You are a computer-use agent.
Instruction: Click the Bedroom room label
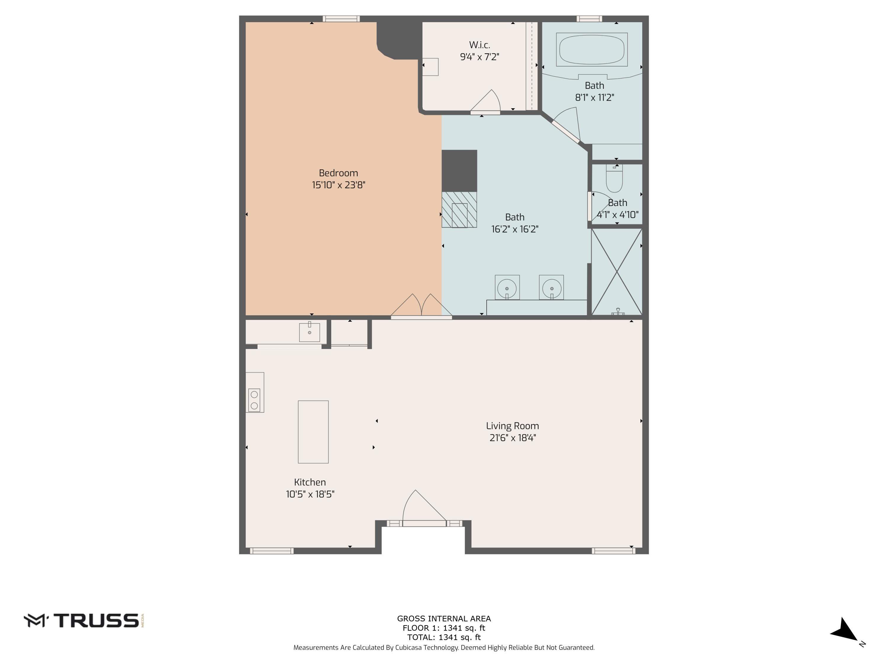click(x=338, y=173)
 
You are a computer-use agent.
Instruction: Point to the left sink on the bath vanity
click(x=507, y=288)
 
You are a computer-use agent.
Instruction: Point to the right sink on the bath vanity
click(x=551, y=288)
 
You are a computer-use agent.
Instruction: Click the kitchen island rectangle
click(x=313, y=432)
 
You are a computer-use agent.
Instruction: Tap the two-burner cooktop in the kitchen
click(x=254, y=400)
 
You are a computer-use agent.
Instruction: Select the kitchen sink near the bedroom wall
click(x=310, y=332)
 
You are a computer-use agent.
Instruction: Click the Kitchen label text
click(x=310, y=482)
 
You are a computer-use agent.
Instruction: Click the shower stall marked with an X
click(x=617, y=272)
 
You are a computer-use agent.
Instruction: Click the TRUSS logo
click(x=83, y=621)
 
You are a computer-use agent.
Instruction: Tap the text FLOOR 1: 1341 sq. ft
click(x=444, y=628)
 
